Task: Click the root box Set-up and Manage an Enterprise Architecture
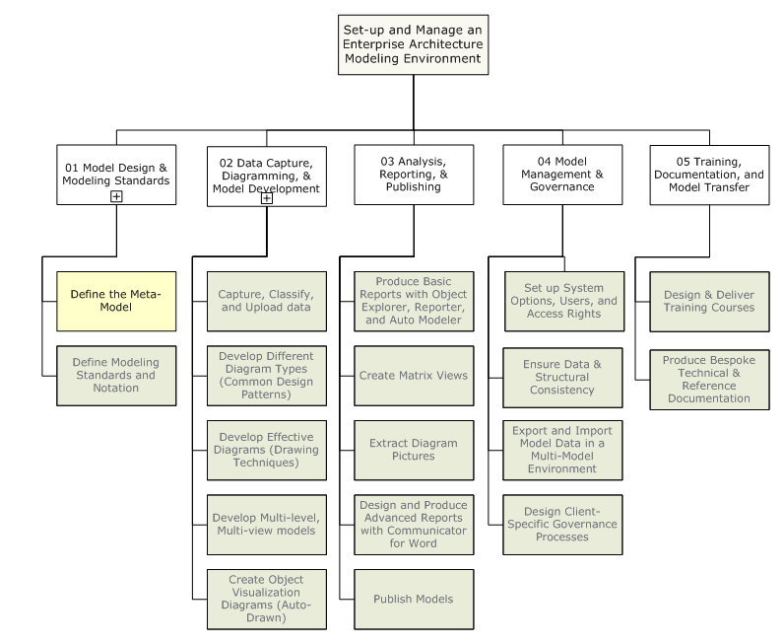tap(413, 44)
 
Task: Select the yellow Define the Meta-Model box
tap(116, 301)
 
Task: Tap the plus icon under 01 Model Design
tap(116, 196)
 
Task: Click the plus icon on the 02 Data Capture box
tap(266, 198)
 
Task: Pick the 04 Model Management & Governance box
tap(561, 175)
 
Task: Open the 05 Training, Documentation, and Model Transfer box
tap(709, 175)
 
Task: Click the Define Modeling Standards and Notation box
tap(116, 375)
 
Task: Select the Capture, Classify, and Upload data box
tap(266, 301)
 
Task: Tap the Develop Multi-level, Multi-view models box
tap(266, 525)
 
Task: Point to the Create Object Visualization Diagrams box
tap(266, 599)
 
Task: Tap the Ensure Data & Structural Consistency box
tap(561, 376)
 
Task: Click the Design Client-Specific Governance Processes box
tap(561, 524)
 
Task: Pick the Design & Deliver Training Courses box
tap(709, 301)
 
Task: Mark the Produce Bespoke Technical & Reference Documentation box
tap(709, 379)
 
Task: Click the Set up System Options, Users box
tap(561, 301)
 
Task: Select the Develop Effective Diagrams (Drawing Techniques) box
tap(266, 450)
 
